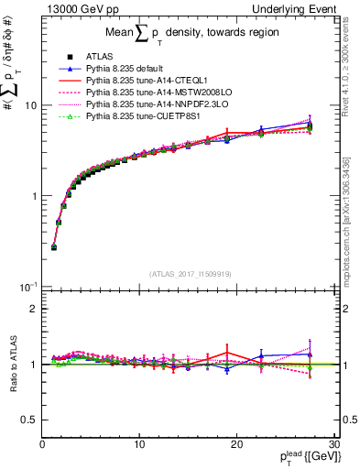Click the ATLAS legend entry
(97, 58)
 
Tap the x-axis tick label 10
(138, 444)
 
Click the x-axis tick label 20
(235, 444)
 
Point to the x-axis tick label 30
(333, 444)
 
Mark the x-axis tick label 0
(42, 444)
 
